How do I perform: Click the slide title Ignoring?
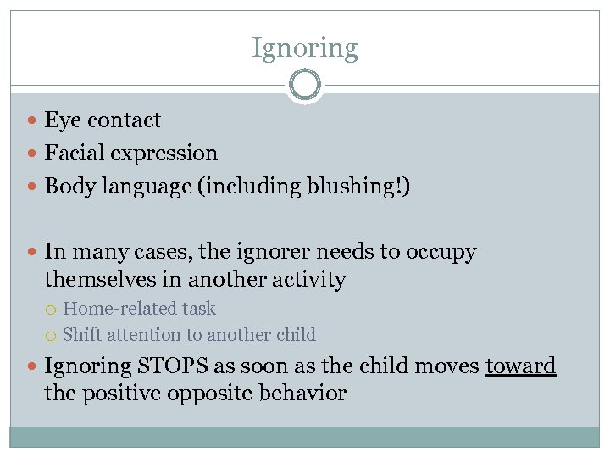click(x=305, y=48)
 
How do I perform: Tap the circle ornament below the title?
click(x=305, y=86)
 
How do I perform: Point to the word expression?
click(x=167, y=154)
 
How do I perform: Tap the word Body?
click(x=66, y=187)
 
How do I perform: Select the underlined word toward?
click(x=520, y=366)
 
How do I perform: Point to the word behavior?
click(x=302, y=394)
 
